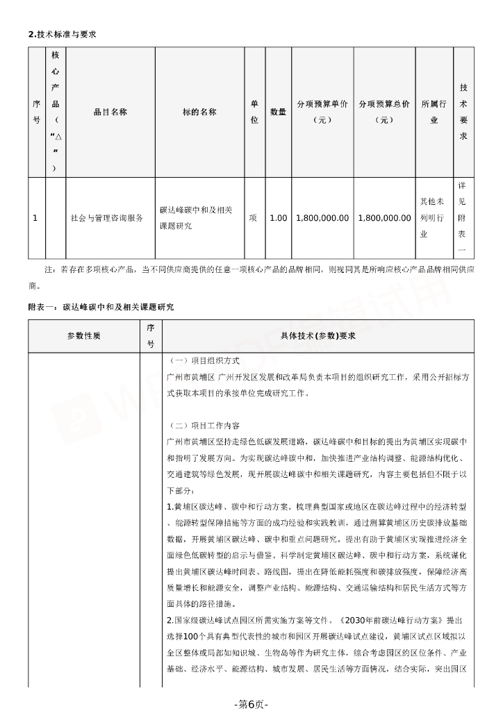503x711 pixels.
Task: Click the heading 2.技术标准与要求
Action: [x=56, y=33]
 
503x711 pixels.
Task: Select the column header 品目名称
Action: [x=110, y=112]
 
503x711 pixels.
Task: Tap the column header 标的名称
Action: [x=199, y=112]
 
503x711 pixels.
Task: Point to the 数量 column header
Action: [x=278, y=112]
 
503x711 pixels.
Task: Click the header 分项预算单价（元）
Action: [x=322, y=112]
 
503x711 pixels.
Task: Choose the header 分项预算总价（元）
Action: [x=384, y=112]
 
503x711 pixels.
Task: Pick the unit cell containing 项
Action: [x=254, y=218]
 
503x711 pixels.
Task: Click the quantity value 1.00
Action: [x=278, y=218]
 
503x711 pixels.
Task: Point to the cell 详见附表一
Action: [x=463, y=218]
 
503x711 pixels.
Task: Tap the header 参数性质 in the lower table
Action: [x=84, y=336]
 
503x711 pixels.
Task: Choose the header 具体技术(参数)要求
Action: [x=318, y=336]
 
